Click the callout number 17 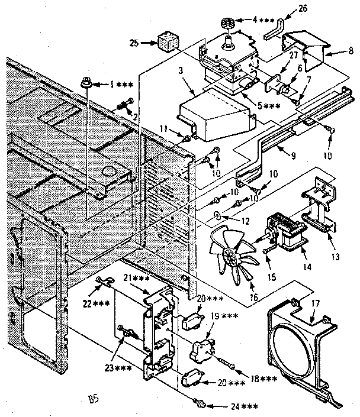314,302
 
